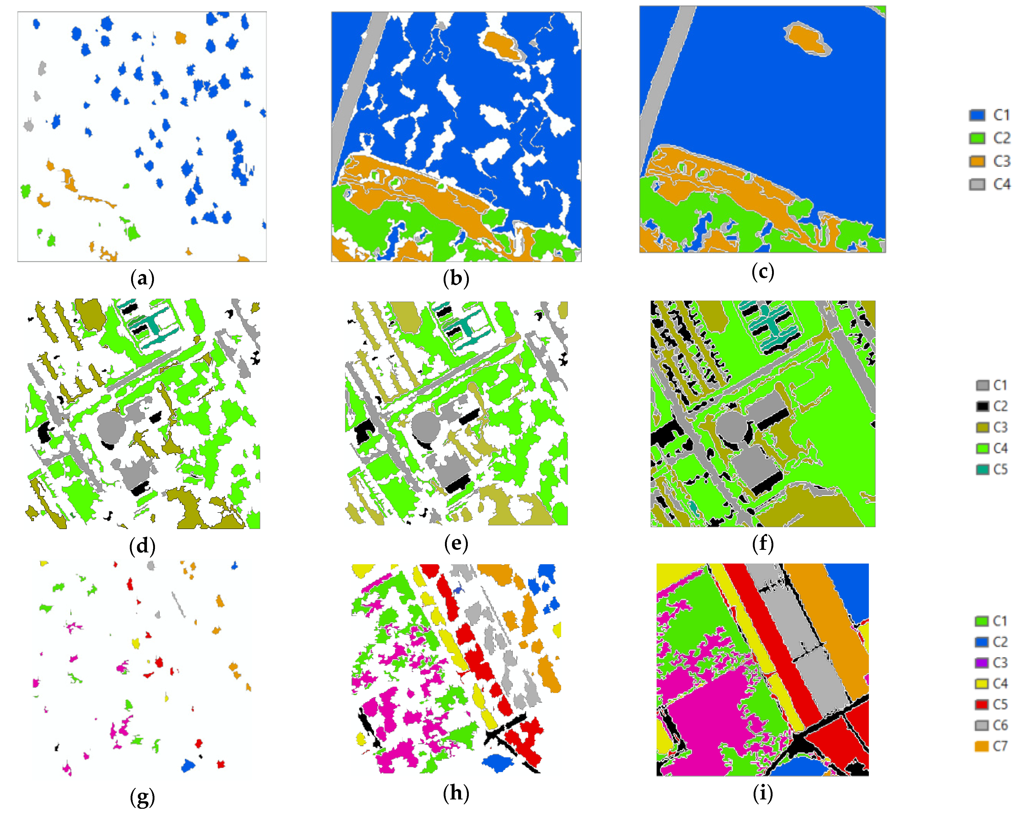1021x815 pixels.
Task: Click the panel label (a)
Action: tap(142, 278)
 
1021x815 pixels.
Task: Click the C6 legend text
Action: tap(1000, 725)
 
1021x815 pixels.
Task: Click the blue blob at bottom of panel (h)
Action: tap(497, 762)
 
